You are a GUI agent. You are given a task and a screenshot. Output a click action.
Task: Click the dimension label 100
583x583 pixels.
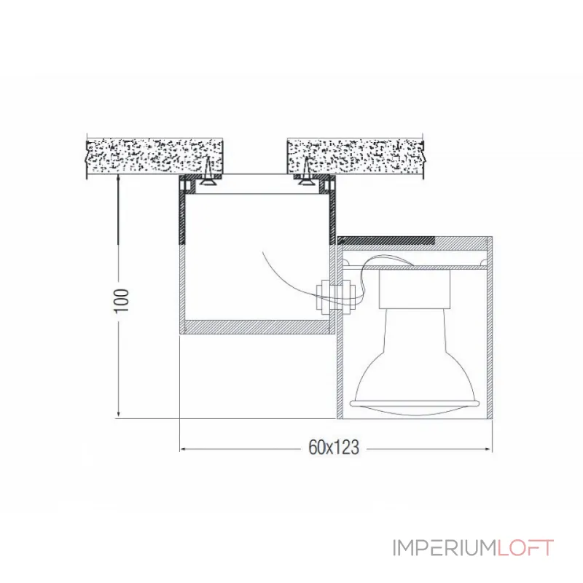click(122, 300)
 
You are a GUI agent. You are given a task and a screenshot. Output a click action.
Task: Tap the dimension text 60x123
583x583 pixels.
click(334, 447)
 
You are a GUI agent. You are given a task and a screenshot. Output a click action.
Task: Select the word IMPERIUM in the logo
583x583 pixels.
click(445, 548)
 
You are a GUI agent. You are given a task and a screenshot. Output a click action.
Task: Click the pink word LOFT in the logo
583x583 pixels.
click(525, 548)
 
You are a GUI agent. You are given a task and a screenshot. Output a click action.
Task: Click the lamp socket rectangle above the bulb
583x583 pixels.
click(414, 289)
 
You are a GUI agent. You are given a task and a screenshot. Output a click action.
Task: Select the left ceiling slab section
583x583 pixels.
click(154, 157)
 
